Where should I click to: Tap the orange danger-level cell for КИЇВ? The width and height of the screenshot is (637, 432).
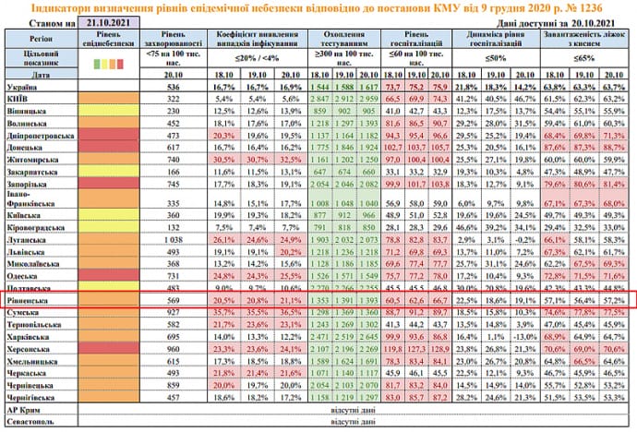pos(99,97)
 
